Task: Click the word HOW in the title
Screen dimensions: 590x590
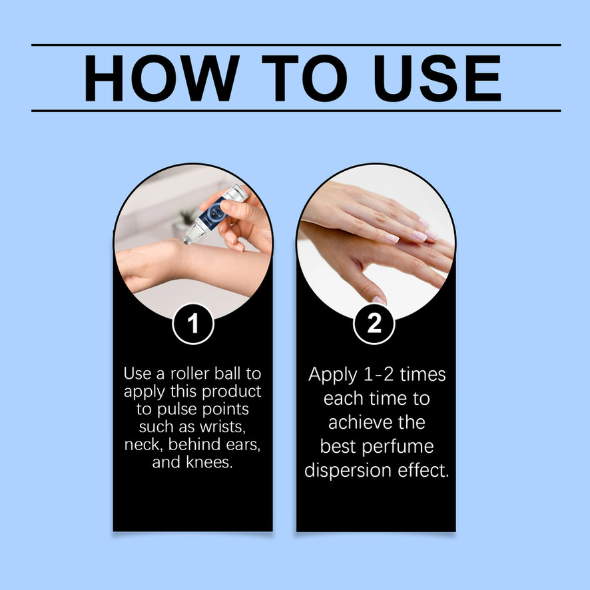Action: point(161,78)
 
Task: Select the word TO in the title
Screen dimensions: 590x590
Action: point(304,78)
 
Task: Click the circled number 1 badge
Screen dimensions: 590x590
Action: point(193,324)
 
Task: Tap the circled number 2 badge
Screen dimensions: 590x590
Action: point(374,324)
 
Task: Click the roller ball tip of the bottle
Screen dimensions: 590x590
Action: point(188,239)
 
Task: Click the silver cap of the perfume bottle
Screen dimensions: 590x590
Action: point(236,192)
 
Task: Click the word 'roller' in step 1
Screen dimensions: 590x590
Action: point(190,374)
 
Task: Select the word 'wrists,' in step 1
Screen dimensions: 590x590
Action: point(223,427)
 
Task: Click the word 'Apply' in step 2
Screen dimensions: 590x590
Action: point(333,375)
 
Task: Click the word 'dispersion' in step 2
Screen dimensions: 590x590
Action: point(348,471)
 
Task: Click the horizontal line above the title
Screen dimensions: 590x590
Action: point(296,45)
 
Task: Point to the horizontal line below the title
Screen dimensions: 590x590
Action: point(296,111)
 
